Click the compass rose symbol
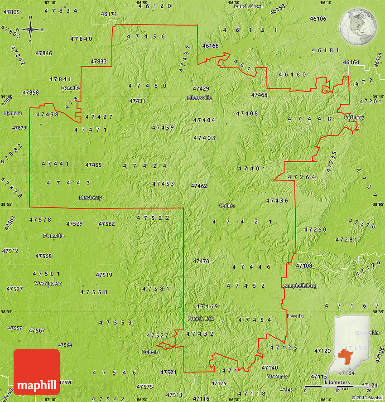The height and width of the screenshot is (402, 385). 30,30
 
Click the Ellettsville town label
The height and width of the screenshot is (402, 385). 199,98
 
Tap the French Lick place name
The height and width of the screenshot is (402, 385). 201,319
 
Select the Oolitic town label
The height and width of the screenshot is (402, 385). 227,205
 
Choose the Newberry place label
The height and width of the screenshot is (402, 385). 90,198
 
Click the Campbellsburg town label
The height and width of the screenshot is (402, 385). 299,286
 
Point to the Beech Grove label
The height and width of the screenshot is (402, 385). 248,6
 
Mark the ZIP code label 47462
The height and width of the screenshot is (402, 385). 199,186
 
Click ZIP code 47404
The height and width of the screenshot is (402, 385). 204,120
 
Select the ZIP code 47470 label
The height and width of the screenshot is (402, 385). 201,261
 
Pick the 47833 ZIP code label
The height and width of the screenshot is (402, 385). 98,62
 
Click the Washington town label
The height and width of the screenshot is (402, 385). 48,283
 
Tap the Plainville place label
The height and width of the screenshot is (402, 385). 53,236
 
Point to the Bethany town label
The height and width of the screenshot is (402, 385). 354,117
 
